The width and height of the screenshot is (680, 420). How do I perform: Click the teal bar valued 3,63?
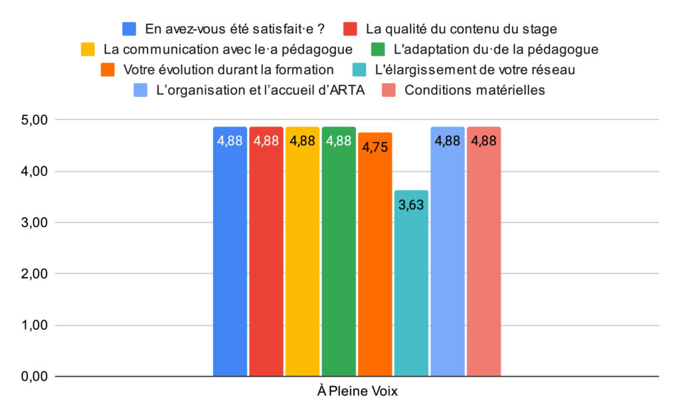pos(411,285)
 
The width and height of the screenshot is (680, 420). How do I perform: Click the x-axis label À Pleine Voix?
pos(357,391)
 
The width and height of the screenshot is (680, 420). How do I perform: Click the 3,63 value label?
pos(411,204)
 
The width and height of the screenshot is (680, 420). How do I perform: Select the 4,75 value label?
pos(375,147)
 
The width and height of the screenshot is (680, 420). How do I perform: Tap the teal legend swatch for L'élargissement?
pos(358,70)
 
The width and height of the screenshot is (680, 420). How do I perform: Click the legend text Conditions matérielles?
pos(475,90)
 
